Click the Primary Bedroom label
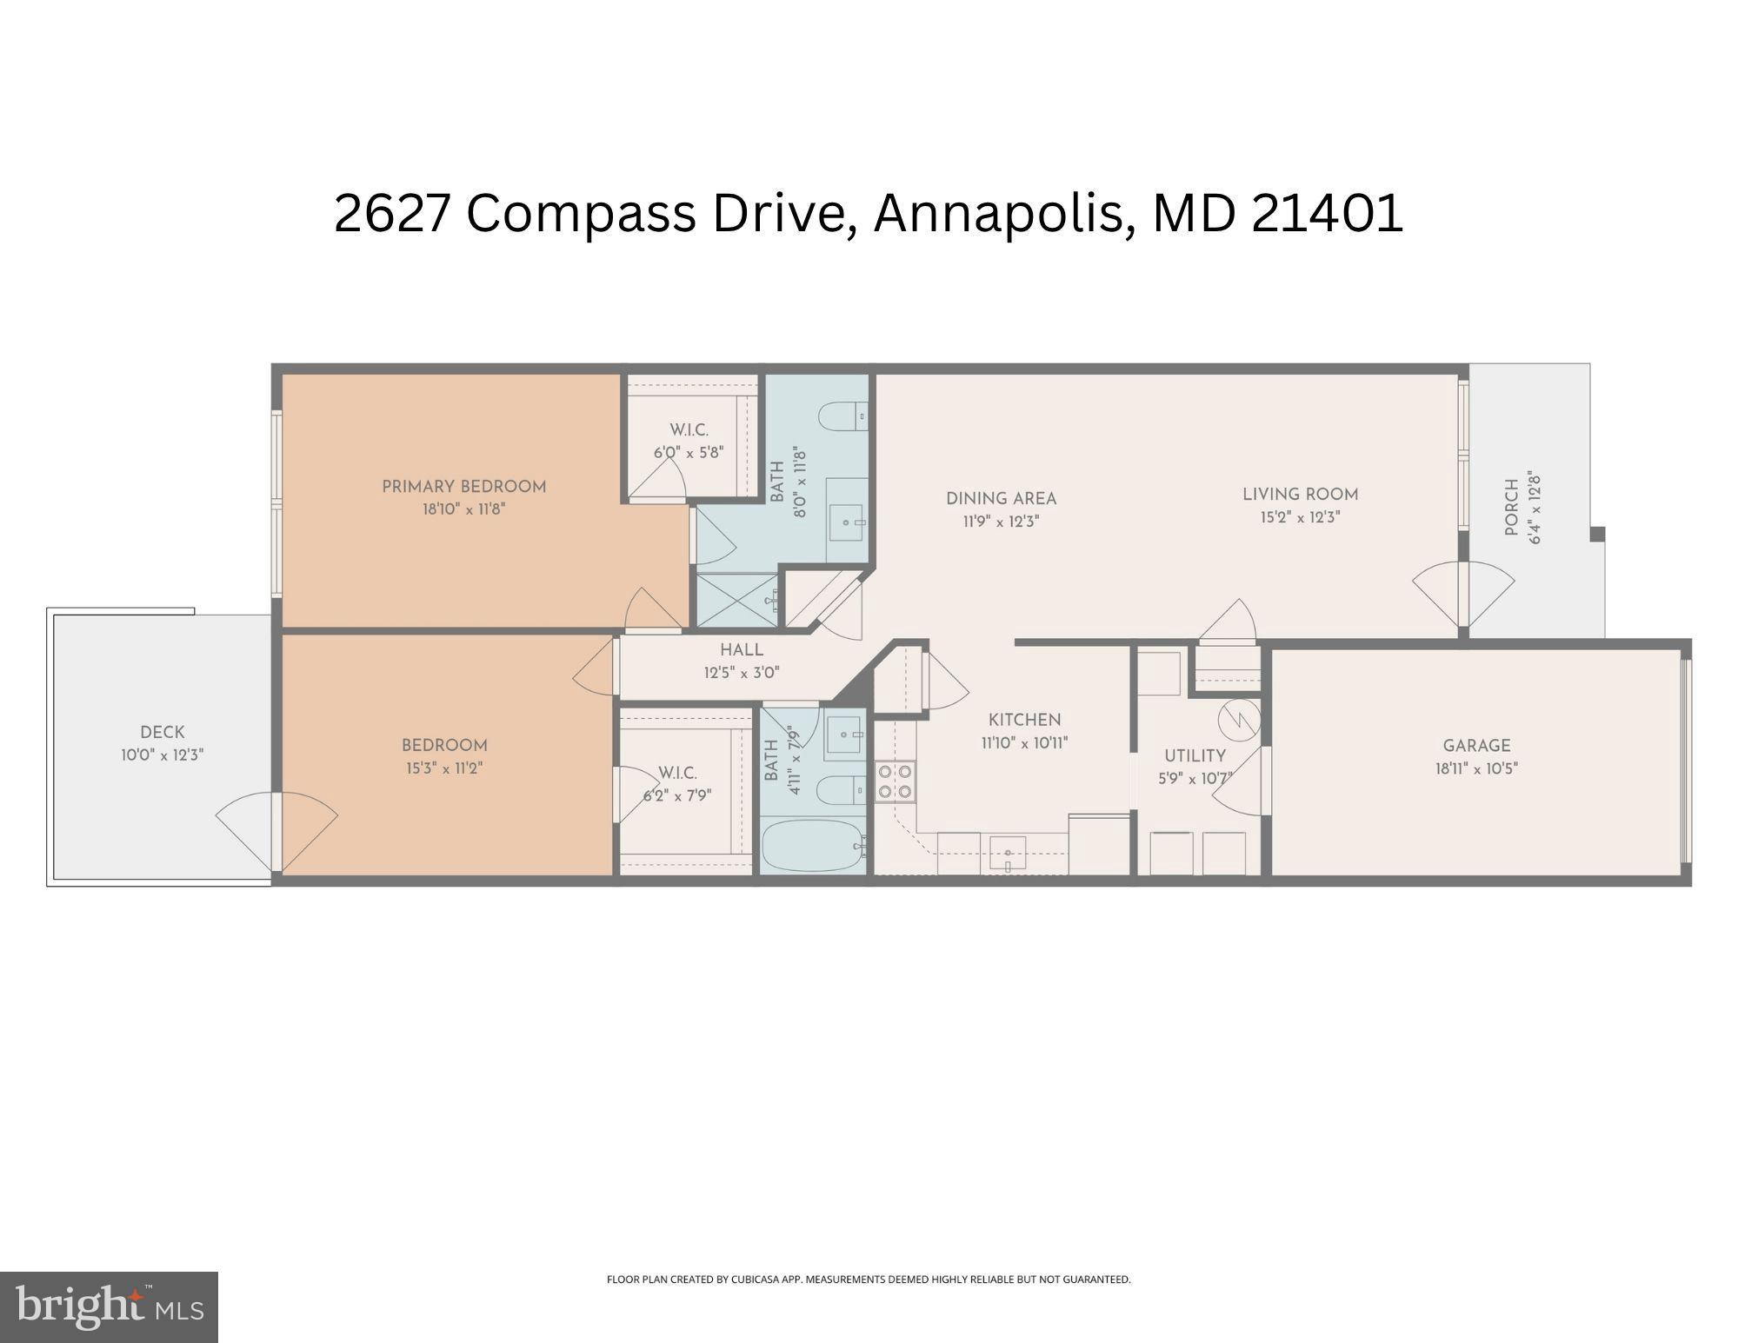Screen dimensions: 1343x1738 (x=464, y=487)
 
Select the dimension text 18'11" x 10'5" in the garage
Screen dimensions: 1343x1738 (x=1476, y=768)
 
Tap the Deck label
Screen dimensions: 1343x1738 (x=163, y=733)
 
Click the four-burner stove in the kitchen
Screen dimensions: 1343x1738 (x=895, y=781)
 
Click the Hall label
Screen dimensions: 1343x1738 (x=742, y=650)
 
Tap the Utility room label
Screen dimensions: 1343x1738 (x=1195, y=756)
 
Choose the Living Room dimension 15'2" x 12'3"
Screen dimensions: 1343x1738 (x=1300, y=517)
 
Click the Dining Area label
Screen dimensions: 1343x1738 (x=1001, y=499)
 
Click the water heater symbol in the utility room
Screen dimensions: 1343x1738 (x=1238, y=718)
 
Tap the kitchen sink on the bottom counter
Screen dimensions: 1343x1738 (x=1007, y=853)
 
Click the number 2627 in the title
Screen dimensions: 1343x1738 (x=391, y=213)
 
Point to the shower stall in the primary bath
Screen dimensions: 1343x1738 (x=737, y=600)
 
